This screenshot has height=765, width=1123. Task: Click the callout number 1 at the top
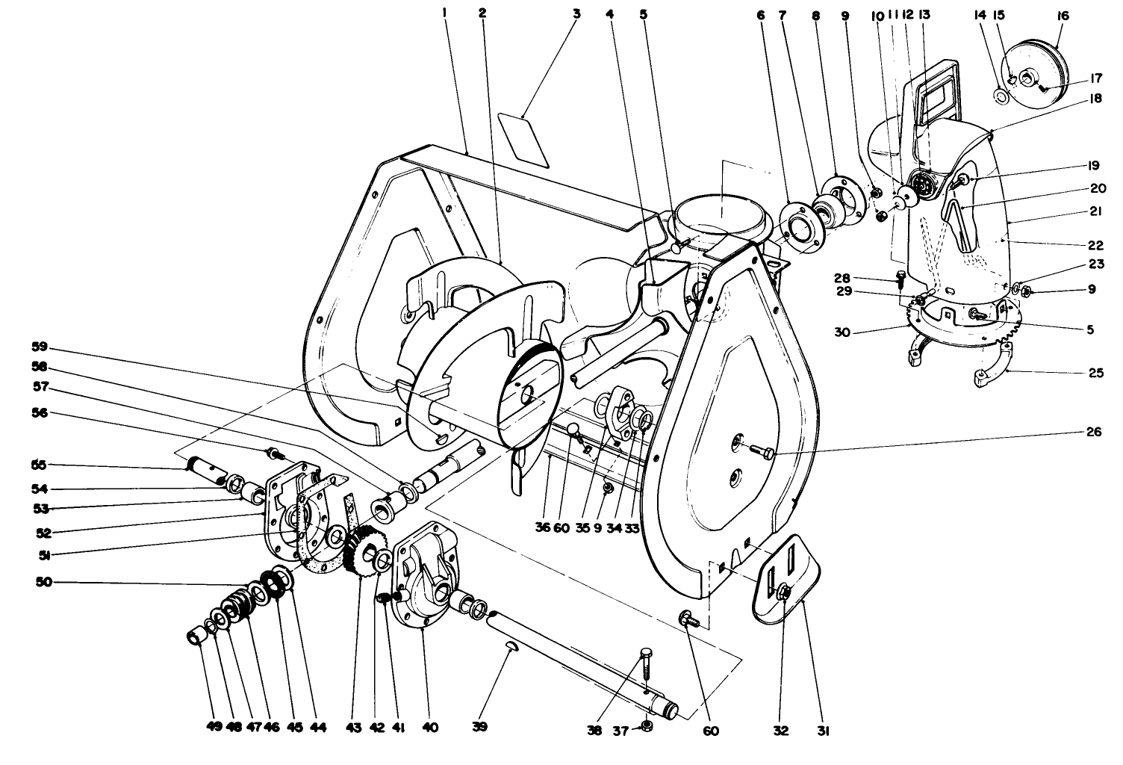(444, 13)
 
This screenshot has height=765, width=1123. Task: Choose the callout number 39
(480, 726)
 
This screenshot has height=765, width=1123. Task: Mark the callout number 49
(215, 726)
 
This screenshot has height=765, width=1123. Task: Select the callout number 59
(39, 347)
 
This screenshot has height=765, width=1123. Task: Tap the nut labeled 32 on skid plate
(783, 593)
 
